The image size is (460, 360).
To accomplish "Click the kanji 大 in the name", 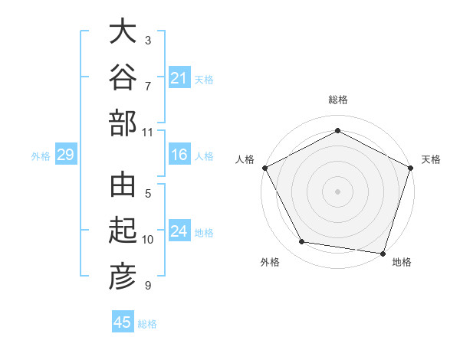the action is tap(123, 31).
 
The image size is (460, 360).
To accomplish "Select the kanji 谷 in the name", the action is tap(123, 77).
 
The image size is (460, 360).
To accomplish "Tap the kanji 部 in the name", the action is tap(123, 123).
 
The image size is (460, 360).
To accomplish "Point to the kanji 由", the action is tap(123, 185).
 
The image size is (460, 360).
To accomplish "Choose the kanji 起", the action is tap(123, 230).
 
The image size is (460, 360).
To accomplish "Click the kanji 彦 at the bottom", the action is tap(123, 277).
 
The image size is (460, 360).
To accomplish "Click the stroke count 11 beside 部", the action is tap(147, 133).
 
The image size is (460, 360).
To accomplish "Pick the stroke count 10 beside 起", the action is tap(147, 240).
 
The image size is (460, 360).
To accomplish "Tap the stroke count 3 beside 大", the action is tap(148, 41).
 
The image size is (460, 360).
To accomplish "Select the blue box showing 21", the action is tap(179, 77).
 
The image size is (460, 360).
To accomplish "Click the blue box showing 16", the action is tap(179, 154).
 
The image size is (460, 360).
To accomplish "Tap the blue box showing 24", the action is tap(179, 230).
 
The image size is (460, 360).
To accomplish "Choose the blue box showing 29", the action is tap(66, 154).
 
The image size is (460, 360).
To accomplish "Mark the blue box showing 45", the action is tap(123, 321).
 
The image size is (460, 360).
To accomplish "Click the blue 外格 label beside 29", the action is tap(41, 156).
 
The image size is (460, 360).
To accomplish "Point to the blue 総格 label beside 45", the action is tap(147, 324).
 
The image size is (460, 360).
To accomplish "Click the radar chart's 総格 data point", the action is tap(337, 130).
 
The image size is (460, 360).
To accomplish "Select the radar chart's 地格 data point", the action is tap(383, 254).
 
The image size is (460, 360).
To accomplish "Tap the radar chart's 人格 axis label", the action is tap(245, 159).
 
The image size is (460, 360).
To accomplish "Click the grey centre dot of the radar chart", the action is tap(337, 191).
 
